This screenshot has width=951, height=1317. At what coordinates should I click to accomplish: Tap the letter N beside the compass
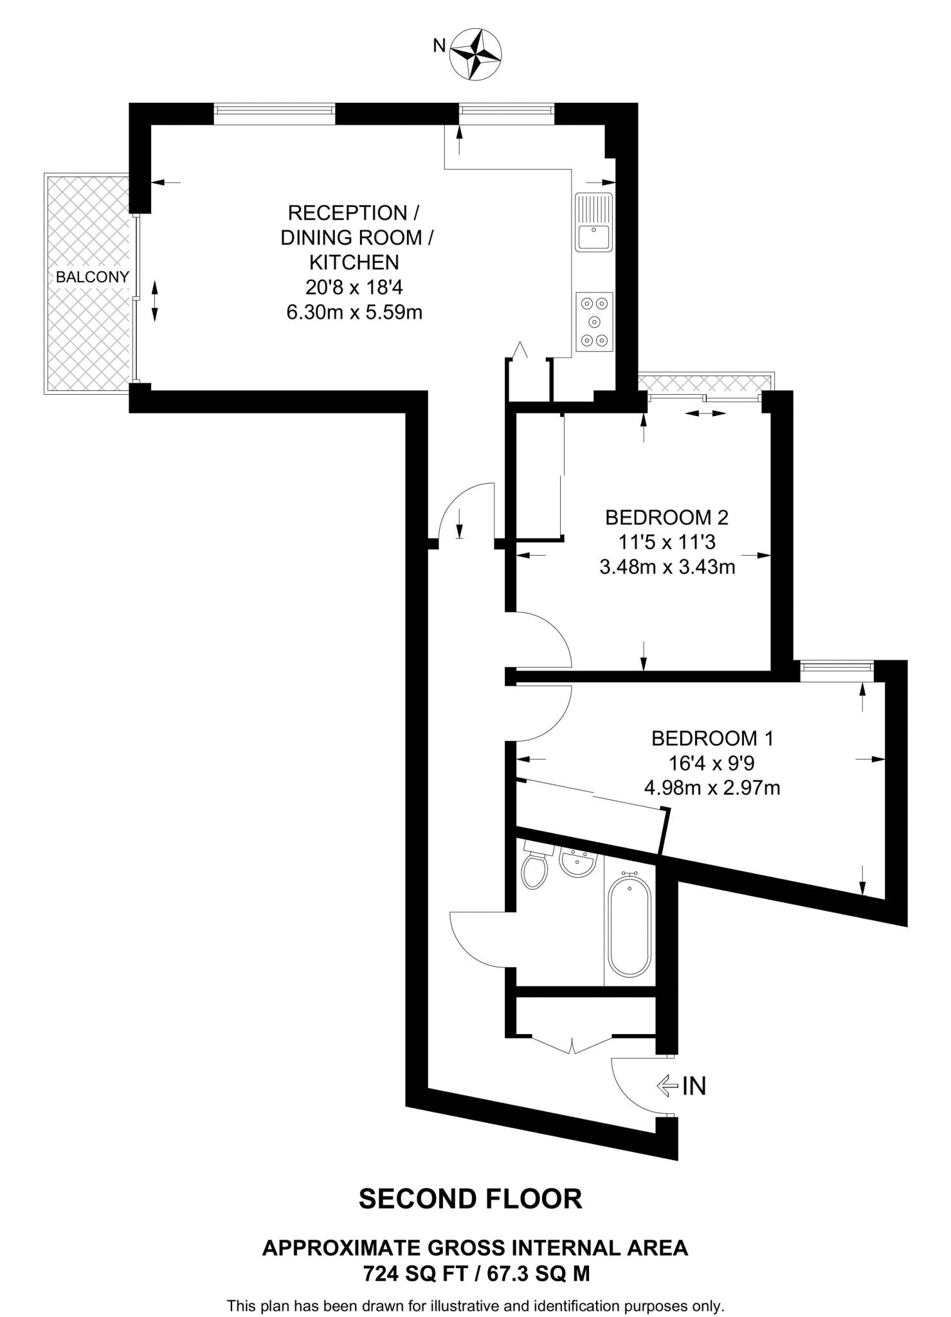click(x=440, y=45)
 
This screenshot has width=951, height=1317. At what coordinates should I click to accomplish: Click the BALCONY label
click(x=93, y=277)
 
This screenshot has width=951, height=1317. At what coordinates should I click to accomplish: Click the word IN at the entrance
click(x=694, y=1086)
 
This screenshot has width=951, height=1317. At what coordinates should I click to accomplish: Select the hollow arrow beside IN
click(x=667, y=1086)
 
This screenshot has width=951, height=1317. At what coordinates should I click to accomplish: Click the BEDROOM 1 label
click(x=712, y=738)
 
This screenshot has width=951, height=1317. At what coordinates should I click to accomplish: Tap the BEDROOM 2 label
click(x=667, y=517)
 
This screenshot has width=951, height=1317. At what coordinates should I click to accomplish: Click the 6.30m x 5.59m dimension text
click(x=354, y=313)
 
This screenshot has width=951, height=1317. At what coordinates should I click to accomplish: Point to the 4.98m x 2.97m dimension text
click(x=712, y=788)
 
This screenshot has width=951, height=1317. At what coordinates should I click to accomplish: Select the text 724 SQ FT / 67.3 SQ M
click(x=476, y=1274)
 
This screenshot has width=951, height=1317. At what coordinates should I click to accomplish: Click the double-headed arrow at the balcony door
click(x=154, y=300)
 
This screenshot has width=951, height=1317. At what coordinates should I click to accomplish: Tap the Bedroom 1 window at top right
click(x=837, y=671)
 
